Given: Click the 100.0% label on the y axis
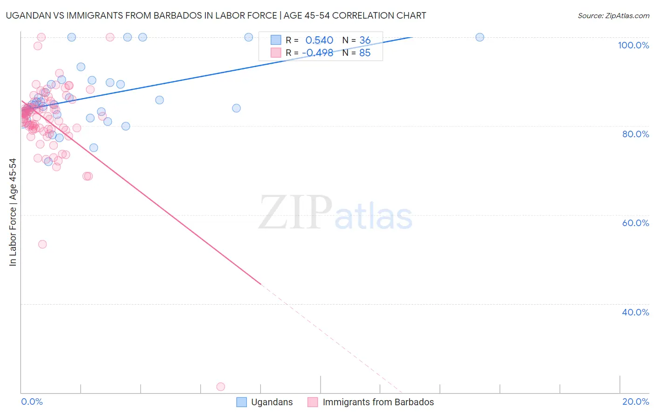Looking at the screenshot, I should tap(633, 45).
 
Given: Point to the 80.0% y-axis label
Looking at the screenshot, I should tap(635, 134).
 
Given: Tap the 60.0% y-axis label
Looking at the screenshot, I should tap(635, 223).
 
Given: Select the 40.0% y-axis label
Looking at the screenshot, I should tap(635, 312).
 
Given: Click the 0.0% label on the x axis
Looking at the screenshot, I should tap(32, 402).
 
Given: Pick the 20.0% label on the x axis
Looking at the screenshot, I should tap(635, 402).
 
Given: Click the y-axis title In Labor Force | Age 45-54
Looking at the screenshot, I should tap(13, 212).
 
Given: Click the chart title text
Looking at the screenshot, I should tap(216, 15).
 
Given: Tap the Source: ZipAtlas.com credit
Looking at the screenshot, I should tap(613, 15).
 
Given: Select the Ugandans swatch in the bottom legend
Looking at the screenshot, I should tap(241, 402).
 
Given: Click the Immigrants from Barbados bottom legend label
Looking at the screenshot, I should tap(378, 402).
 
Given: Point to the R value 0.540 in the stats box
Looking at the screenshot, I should tap(319, 40).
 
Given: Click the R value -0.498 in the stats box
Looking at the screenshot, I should tap(317, 53).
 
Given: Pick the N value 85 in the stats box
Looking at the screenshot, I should tap(365, 53).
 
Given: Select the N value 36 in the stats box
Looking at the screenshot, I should tap(365, 40).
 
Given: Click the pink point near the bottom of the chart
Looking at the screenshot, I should tap(221, 387).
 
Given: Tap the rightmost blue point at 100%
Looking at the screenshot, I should tap(480, 37).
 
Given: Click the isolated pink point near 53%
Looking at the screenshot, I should tap(42, 244).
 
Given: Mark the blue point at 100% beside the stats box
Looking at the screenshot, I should tap(249, 37).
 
